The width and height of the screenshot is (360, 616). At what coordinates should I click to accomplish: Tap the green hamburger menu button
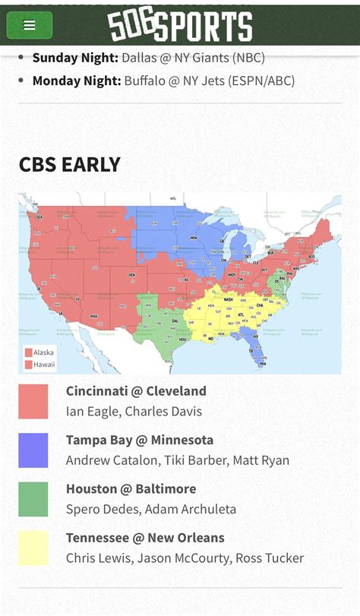pyautogui.click(x=30, y=25)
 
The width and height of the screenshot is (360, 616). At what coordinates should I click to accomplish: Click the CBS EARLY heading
pyautogui.click(x=70, y=165)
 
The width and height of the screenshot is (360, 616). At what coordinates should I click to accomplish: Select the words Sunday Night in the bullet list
pyautogui.click(x=75, y=57)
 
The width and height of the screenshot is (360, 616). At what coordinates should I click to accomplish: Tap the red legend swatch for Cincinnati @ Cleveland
pyautogui.click(x=33, y=401)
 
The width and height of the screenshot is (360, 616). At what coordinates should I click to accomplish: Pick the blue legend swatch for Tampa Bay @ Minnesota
pyautogui.click(x=33, y=450)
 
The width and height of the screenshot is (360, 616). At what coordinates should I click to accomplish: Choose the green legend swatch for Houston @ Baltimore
pyautogui.click(x=33, y=499)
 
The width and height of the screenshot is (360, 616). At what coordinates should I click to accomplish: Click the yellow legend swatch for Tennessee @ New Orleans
pyautogui.click(x=33, y=548)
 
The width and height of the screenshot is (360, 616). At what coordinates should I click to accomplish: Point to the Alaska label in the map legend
pyautogui.click(x=43, y=352)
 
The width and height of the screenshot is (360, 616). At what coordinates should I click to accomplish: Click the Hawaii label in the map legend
pyautogui.click(x=43, y=365)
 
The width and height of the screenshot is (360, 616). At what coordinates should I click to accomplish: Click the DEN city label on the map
pyautogui.click(x=131, y=275)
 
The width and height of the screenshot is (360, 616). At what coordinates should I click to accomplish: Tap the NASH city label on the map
pyautogui.click(x=228, y=299)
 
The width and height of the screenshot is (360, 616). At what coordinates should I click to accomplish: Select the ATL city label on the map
pyautogui.click(x=242, y=314)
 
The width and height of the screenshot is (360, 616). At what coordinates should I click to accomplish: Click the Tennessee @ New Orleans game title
pyautogui.click(x=145, y=538)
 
